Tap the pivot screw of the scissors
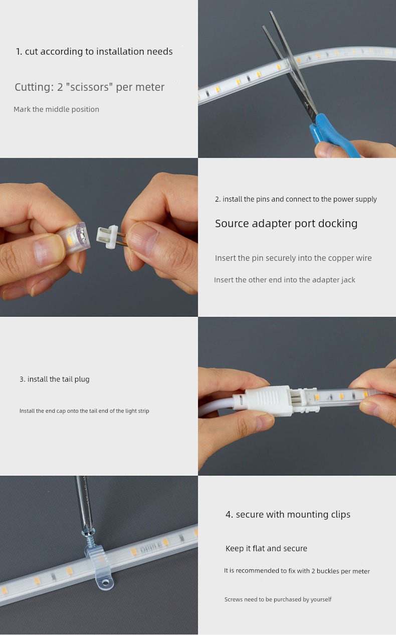[307, 105]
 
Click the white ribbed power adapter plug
[268, 399]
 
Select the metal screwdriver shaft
[84, 501]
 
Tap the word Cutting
[34, 87]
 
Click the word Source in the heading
[232, 223]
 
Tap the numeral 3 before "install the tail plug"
[21, 379]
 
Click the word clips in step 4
[341, 515]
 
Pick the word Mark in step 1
[22, 109]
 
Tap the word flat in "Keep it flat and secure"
[259, 548]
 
